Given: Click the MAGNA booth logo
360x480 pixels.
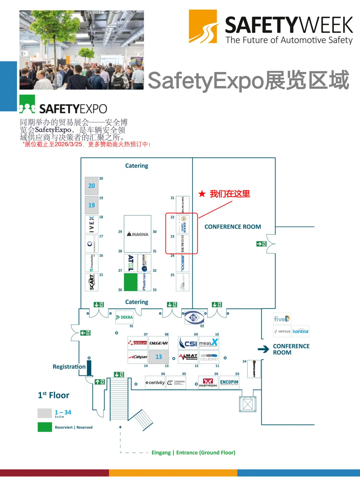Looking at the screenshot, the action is click(138, 234).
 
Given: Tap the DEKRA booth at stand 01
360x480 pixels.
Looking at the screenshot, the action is click(124, 317).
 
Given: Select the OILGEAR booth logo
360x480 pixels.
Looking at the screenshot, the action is click(158, 343).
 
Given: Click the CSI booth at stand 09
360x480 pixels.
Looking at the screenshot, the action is click(188, 343).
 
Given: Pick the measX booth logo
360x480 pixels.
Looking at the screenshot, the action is click(209, 343).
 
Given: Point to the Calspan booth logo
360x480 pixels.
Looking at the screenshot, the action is click(138, 357).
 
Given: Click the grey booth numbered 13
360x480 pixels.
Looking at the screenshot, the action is click(159, 357).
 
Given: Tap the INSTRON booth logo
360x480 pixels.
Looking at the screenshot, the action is click(208, 383).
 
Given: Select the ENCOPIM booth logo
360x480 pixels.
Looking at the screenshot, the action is click(229, 382).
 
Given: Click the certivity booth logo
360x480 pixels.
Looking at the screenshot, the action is click(155, 383).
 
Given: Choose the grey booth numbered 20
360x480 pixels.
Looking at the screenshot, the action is click(92, 186).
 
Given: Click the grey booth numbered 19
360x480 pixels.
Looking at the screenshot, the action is click(92, 205).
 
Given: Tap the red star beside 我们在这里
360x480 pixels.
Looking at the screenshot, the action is click(202, 194).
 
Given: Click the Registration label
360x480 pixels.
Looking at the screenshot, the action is click(69, 367).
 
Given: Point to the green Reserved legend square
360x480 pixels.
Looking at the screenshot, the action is click(45, 427).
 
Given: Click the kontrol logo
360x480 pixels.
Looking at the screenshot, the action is click(300, 331).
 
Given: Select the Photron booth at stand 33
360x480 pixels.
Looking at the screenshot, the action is click(144, 282).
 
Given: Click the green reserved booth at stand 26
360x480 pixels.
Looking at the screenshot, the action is click(130, 282).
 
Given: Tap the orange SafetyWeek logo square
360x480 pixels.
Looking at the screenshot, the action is click(203, 26).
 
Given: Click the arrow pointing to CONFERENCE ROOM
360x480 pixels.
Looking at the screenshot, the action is click(263, 349).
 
